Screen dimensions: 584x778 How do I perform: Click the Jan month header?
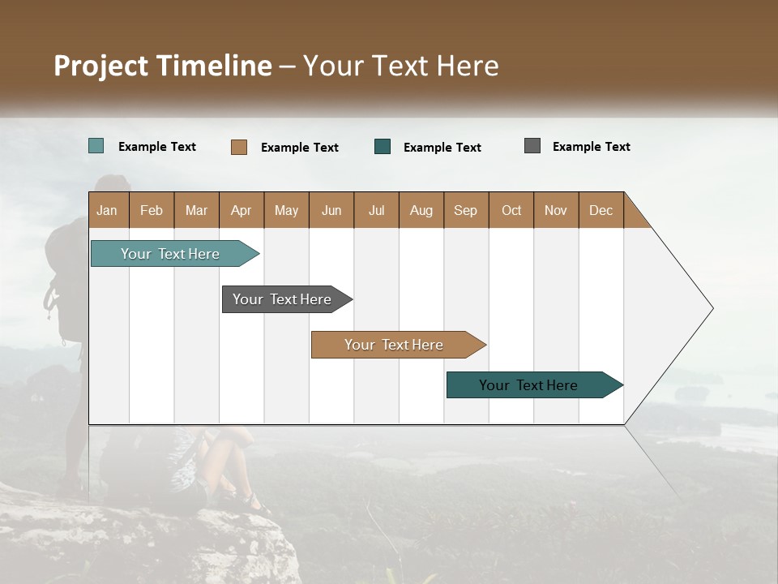tap(107, 210)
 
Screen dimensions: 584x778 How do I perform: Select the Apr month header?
tap(241, 210)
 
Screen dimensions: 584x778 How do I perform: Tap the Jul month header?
tap(376, 210)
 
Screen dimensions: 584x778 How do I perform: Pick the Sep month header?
tap(465, 210)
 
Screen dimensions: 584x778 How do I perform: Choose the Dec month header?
tap(601, 210)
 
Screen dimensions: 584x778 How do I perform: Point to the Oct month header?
tap(511, 210)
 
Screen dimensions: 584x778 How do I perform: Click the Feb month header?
tap(152, 210)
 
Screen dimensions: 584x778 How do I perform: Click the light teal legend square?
tap(96, 146)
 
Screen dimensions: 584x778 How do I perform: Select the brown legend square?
tap(239, 147)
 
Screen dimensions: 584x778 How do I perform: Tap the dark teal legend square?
tap(383, 147)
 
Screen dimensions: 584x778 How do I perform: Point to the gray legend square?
tap(532, 146)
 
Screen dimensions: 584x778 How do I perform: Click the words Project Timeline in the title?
tap(163, 66)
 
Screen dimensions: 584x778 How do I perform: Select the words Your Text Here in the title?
tap(401, 66)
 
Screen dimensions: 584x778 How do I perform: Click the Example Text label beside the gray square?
tap(591, 147)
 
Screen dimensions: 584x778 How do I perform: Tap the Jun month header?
tap(331, 210)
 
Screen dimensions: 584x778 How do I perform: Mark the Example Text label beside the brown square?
tap(299, 148)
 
